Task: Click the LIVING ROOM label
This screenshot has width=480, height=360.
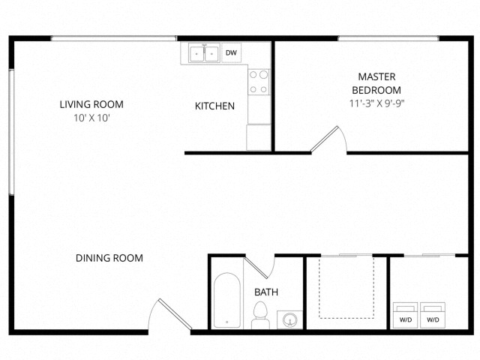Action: click(91, 104)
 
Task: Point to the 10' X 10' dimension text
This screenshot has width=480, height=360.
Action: click(91, 118)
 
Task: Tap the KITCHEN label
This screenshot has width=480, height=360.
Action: click(214, 106)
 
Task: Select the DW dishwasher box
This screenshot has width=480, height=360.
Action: click(232, 53)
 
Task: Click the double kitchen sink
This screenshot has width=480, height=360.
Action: click(203, 54)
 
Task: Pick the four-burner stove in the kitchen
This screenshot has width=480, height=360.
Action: click(259, 82)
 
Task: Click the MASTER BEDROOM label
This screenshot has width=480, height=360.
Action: click(376, 82)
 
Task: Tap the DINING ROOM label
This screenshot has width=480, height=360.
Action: click(109, 258)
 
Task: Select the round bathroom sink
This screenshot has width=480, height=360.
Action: click(289, 320)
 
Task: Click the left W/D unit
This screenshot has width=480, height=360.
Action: click(406, 316)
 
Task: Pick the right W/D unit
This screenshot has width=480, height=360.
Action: click(433, 316)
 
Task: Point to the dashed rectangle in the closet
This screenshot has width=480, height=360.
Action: click(346, 286)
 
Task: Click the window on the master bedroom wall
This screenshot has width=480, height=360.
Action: click(388, 38)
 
